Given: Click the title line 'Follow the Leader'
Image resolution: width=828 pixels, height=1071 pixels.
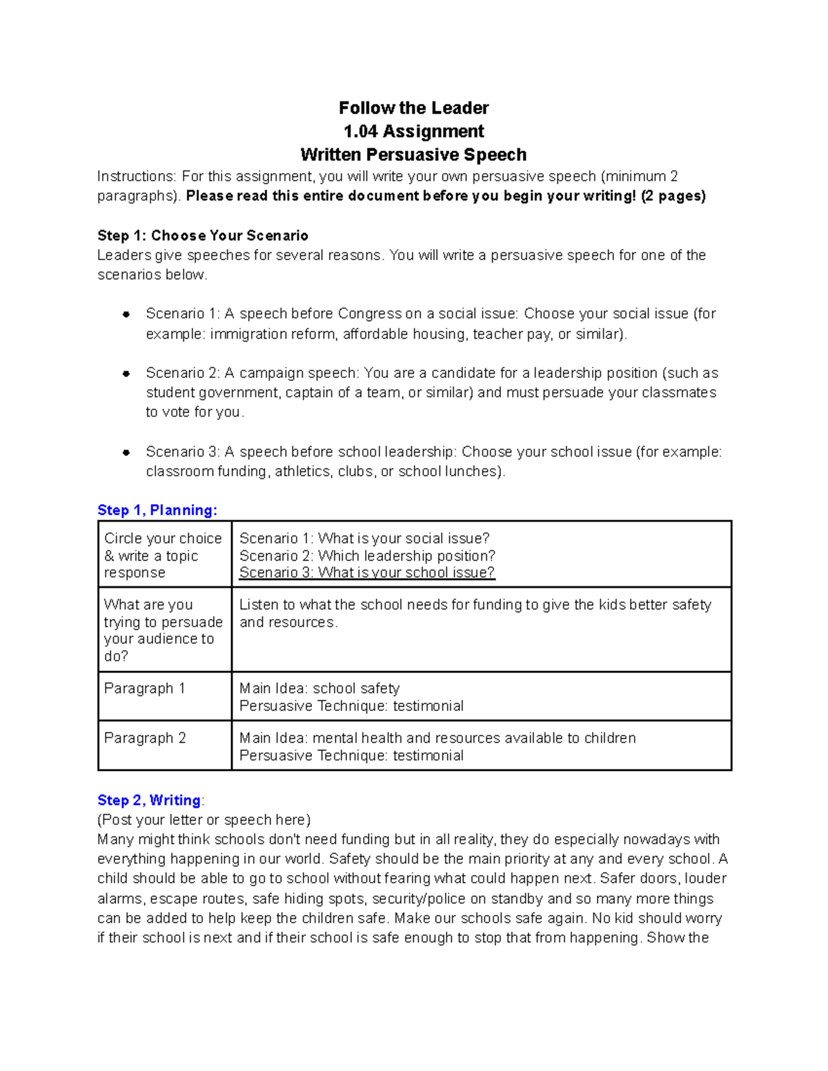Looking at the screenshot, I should pyautogui.click(x=413, y=108).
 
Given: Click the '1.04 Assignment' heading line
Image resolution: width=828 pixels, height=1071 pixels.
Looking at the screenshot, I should pyautogui.click(x=413, y=131).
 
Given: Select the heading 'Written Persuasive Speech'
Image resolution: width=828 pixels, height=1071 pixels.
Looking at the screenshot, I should pyautogui.click(x=413, y=154).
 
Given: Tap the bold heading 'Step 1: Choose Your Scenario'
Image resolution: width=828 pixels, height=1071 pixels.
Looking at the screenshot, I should pyautogui.click(x=203, y=236).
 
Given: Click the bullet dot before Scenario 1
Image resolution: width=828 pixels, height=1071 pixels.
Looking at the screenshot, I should pyautogui.click(x=126, y=314).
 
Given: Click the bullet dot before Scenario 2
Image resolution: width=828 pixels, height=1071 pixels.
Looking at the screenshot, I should pyautogui.click(x=126, y=374).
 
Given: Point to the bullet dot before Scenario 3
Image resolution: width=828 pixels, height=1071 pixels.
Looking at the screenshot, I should pyautogui.click(x=126, y=453).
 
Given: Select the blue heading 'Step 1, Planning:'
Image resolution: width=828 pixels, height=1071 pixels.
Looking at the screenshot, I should pyautogui.click(x=157, y=510).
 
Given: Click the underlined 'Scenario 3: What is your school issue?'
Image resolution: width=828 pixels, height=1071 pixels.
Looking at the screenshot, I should pyautogui.click(x=366, y=573).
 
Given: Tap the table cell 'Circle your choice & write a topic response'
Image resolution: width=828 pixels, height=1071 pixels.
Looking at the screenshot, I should pyautogui.click(x=164, y=556).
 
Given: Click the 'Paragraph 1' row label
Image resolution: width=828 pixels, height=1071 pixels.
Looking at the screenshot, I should pyautogui.click(x=144, y=688).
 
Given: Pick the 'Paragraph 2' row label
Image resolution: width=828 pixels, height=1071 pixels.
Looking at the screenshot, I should pyautogui.click(x=145, y=738).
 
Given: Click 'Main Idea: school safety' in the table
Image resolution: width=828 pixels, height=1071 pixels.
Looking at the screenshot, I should pyautogui.click(x=319, y=688).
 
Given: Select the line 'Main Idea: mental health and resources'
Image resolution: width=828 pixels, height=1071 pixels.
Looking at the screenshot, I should pyautogui.click(x=437, y=738).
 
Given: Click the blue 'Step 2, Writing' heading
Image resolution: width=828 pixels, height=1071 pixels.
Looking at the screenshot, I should pyautogui.click(x=149, y=800).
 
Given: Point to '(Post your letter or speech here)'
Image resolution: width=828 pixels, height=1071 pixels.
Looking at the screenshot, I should pyautogui.click(x=204, y=820).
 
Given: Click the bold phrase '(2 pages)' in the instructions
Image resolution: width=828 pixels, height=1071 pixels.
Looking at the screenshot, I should pyautogui.click(x=673, y=196).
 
